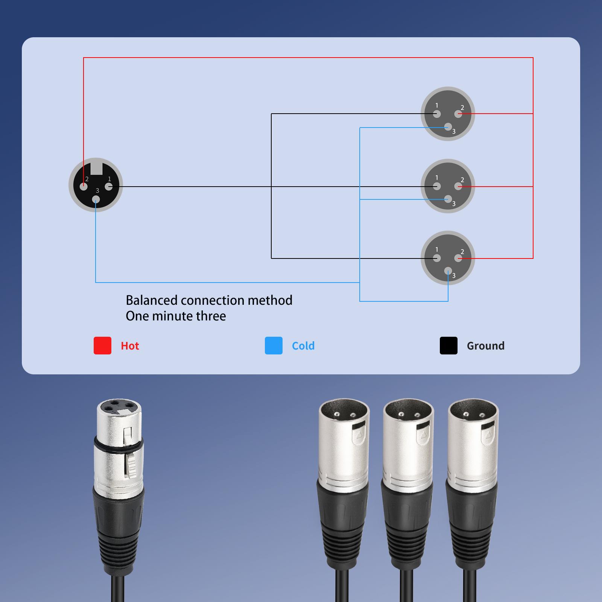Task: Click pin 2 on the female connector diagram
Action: click(84, 186)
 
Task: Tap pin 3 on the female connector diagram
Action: click(96, 199)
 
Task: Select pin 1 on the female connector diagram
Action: click(109, 186)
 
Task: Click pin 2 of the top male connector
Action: click(458, 114)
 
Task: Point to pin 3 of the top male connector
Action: click(448, 127)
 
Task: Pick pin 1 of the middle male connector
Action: click(437, 186)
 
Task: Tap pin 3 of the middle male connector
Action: click(448, 199)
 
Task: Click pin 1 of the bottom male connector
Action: click(437, 258)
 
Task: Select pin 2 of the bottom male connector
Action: click(458, 258)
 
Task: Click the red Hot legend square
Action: click(102, 345)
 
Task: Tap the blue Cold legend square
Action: click(274, 345)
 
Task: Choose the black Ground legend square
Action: click(448, 345)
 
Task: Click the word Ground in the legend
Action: click(486, 346)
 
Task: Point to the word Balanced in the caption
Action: click(152, 300)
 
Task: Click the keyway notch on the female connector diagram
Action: click(96, 167)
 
